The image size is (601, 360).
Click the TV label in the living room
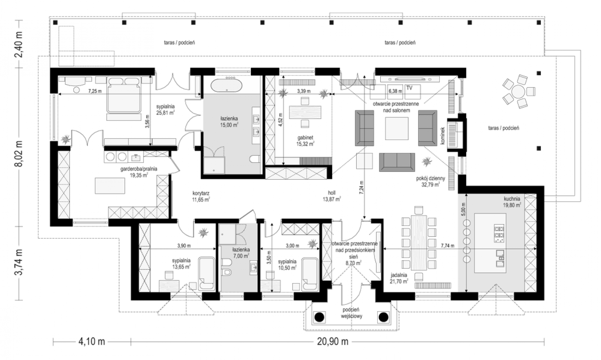[409, 88]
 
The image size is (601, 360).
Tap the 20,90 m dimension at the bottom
[333, 342]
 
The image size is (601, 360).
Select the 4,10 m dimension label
[92, 342]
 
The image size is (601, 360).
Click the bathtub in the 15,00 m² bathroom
[227, 86]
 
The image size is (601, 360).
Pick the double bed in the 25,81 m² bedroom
[124, 95]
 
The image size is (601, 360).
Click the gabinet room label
[305, 138]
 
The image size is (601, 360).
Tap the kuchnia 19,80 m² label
[512, 202]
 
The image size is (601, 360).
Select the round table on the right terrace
[518, 92]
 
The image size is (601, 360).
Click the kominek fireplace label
[443, 136]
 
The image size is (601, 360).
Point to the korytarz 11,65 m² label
[201, 196]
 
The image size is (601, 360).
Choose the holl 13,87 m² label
[332, 196]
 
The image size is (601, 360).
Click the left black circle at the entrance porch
[319, 317]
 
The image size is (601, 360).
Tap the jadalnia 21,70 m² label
[399, 278]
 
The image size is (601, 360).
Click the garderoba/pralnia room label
[139, 169]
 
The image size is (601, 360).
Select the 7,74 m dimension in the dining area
[447, 246]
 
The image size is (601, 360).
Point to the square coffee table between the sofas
[397, 128]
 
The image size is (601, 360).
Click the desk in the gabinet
[305, 112]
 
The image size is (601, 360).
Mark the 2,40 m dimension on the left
[18, 44]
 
